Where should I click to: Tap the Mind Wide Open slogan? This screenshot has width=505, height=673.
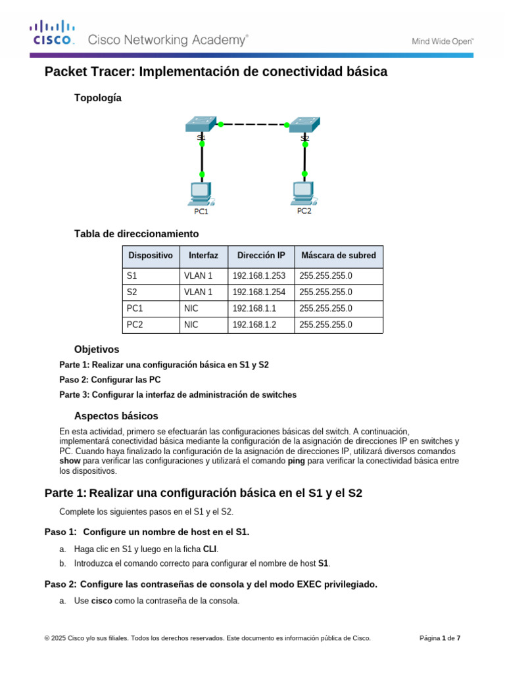click(443, 41)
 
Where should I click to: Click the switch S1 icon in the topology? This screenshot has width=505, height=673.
click(201, 124)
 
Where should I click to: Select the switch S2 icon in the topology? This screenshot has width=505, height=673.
click(304, 124)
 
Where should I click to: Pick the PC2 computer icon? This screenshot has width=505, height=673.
click(304, 193)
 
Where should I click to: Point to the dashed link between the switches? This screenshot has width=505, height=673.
click(253, 124)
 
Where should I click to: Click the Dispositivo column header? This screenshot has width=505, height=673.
click(151, 255)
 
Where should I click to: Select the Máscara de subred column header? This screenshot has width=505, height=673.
click(338, 255)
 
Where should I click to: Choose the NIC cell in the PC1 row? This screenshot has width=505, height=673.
click(191, 308)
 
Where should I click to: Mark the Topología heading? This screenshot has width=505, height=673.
click(98, 98)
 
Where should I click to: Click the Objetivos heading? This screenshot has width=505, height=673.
click(97, 350)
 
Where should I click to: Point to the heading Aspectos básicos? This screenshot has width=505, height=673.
click(116, 416)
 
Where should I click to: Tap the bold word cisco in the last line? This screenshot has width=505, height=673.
click(101, 601)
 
